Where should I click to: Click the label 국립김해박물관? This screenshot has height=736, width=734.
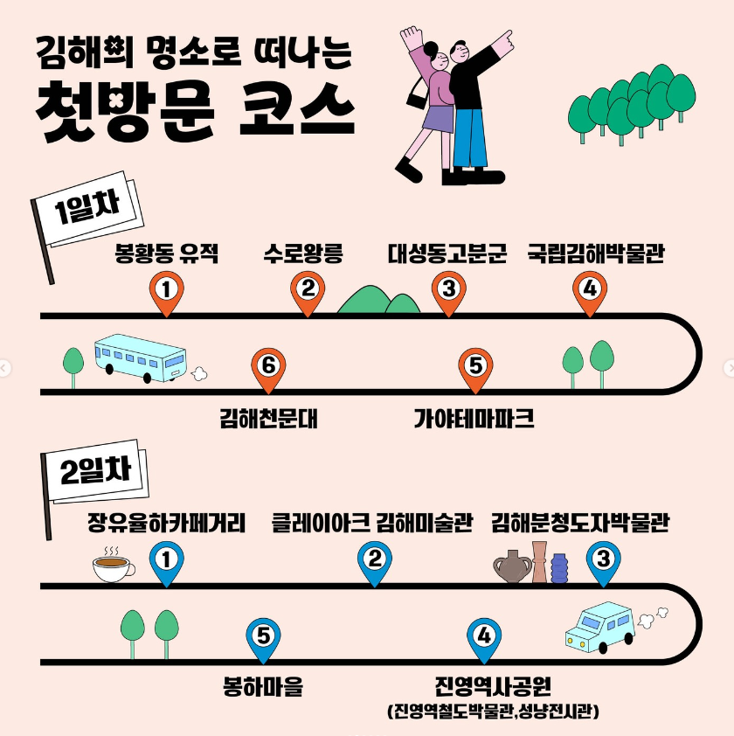point(596,254)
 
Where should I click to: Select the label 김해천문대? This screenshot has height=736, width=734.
point(268,420)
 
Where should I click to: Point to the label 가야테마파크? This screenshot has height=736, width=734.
point(474,420)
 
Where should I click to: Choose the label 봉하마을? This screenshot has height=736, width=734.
point(263,687)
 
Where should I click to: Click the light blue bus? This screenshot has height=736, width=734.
point(140,358)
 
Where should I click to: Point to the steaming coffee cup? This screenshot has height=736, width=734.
point(113,568)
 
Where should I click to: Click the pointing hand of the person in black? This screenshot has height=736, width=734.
point(505,37)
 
